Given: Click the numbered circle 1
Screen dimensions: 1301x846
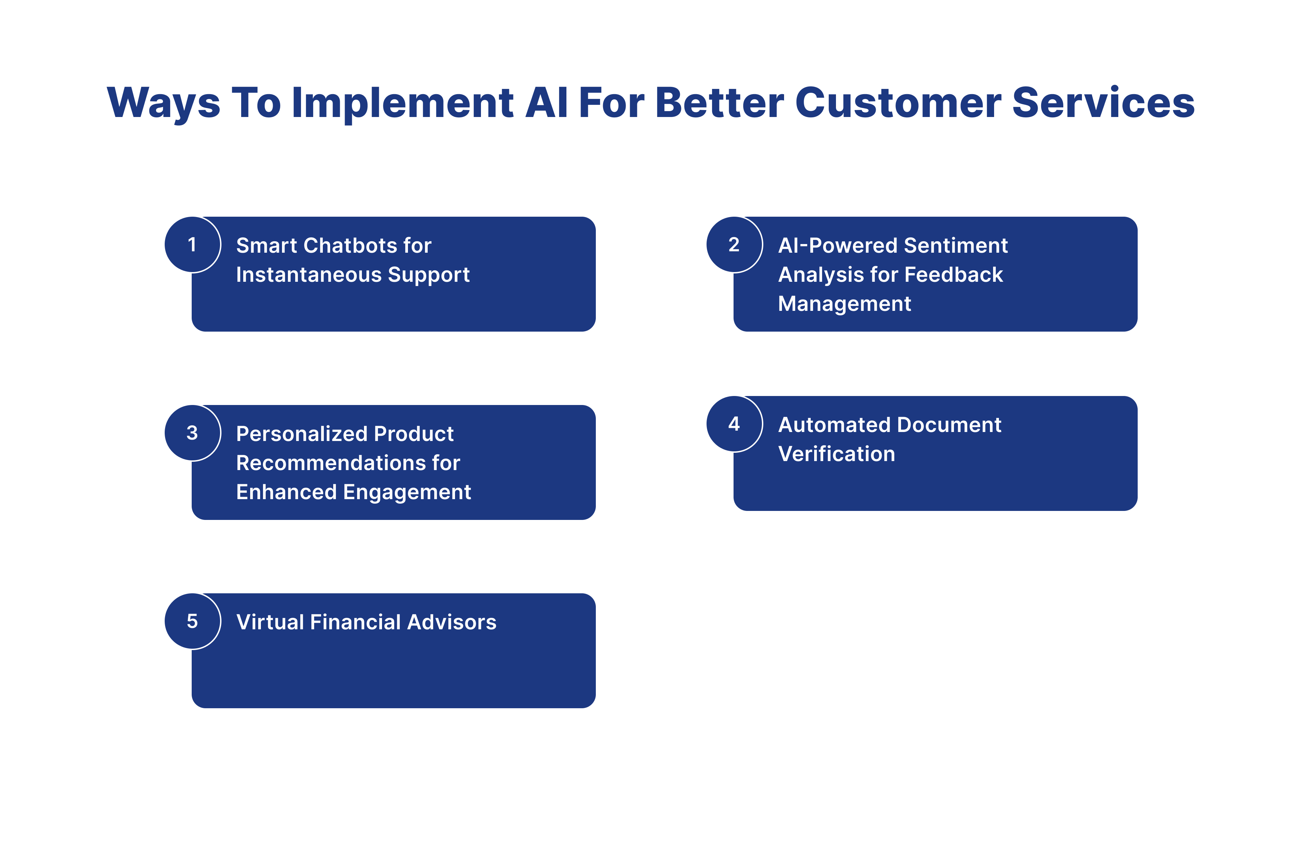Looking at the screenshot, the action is (192, 244).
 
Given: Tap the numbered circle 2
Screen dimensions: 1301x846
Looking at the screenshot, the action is (734, 244).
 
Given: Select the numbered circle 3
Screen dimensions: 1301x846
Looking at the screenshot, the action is (192, 433).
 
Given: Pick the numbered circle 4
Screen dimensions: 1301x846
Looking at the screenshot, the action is (734, 424).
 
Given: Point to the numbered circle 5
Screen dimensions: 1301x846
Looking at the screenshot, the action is (192, 621).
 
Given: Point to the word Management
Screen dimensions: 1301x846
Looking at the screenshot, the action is (845, 304).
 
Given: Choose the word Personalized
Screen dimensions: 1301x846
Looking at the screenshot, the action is (301, 434).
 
